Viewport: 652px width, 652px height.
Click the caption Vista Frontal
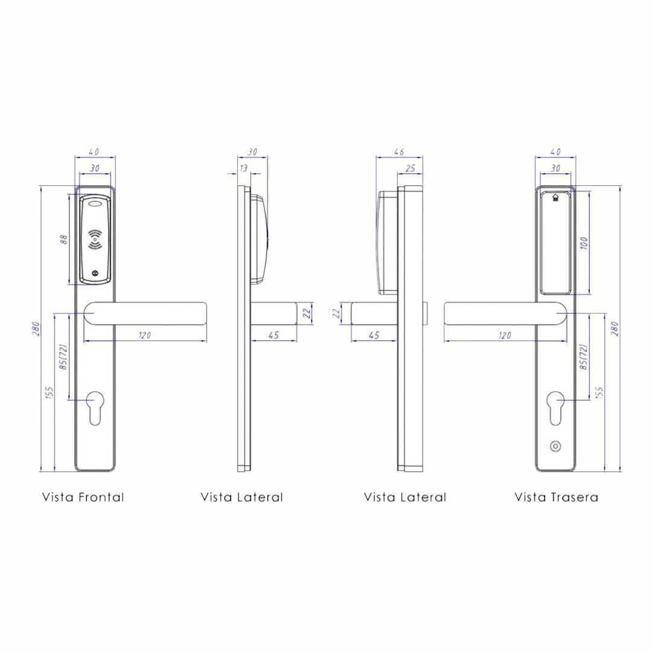tap(83, 497)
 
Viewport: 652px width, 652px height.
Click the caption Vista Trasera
tap(557, 497)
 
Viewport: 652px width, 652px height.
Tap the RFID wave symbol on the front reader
tap(95, 240)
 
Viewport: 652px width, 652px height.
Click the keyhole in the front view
tap(95, 408)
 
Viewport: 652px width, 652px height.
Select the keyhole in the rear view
tap(555, 408)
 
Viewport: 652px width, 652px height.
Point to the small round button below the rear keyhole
tap(555, 446)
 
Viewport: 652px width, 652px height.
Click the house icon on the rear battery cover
tap(555, 197)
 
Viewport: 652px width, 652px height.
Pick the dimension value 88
tap(63, 240)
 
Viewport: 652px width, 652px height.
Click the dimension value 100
tap(584, 243)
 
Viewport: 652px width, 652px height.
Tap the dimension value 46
tap(399, 152)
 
